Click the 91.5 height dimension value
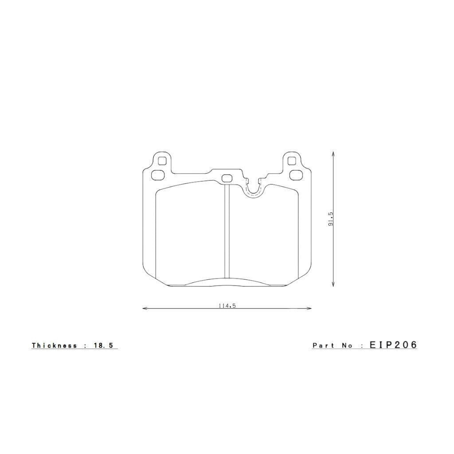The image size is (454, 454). pyautogui.click(x=330, y=219)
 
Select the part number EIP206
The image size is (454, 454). pyautogui.click(x=393, y=345)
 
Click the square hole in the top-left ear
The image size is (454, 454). pyautogui.click(x=162, y=161)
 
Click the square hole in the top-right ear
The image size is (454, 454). pyautogui.click(x=291, y=161)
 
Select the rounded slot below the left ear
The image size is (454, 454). pyautogui.click(x=157, y=176)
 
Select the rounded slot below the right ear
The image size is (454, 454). pyautogui.click(x=295, y=176)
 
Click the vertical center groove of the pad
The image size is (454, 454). pyautogui.click(x=227, y=231)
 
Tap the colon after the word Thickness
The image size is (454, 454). pyautogui.click(x=86, y=345)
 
